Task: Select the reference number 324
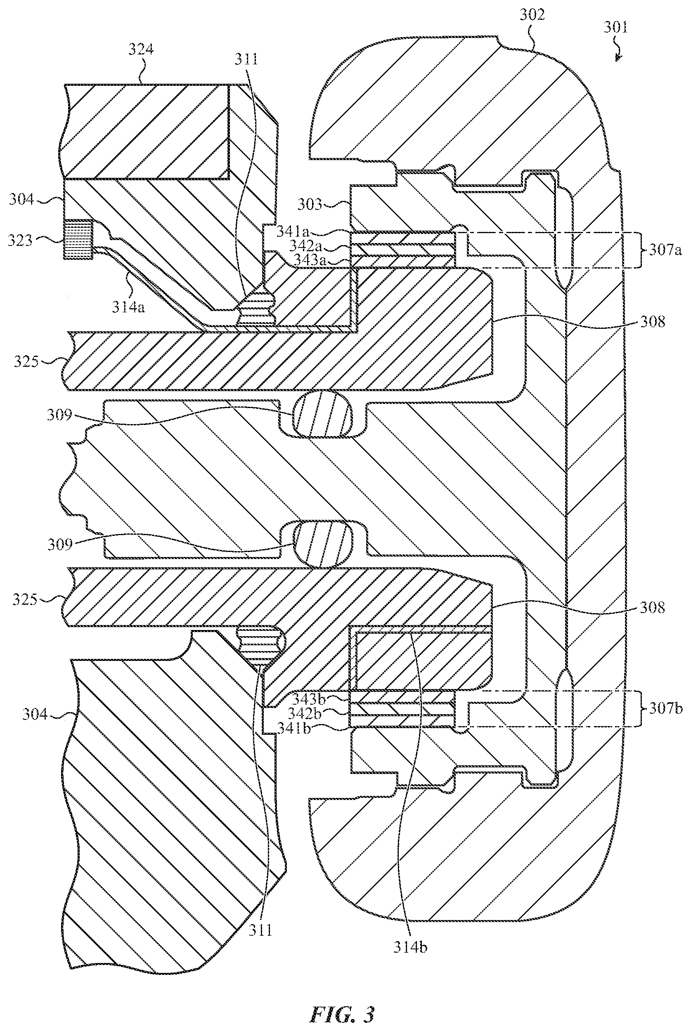(141, 50)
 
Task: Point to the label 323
(20, 241)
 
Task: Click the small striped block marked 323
(78, 239)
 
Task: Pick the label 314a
(128, 307)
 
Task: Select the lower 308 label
(652, 607)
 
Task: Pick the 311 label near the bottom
(260, 930)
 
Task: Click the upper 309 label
(59, 415)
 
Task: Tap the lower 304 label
(35, 713)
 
